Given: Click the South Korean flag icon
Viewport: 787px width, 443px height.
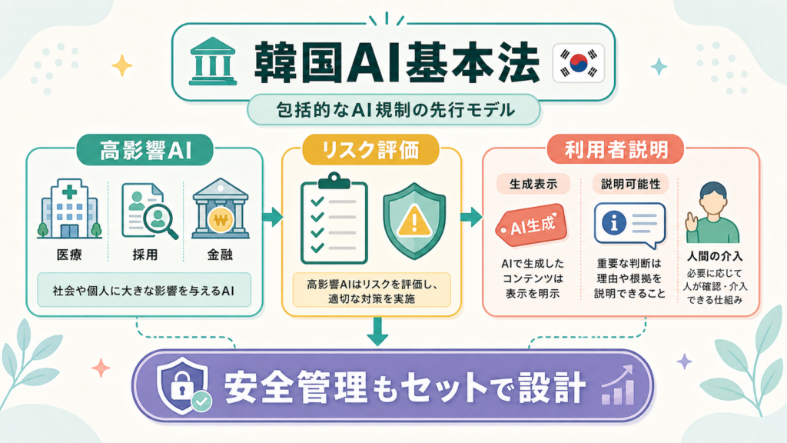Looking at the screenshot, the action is [579, 63].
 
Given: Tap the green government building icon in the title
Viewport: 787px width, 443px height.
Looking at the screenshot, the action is [213, 61].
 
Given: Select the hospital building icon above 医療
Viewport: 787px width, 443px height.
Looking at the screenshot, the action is [69, 208].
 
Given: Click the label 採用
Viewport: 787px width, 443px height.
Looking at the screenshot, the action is [145, 255].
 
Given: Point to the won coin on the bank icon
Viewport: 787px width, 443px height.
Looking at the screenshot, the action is [221, 220].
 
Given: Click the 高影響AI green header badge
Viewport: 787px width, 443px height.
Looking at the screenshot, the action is [145, 150].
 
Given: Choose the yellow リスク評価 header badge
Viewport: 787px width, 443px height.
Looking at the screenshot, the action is [370, 150].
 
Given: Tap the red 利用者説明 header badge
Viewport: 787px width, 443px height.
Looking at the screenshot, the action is [616, 149].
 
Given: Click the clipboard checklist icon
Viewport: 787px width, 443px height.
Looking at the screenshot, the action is [334, 218].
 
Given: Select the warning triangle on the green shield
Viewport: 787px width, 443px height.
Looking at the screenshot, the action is [414, 221].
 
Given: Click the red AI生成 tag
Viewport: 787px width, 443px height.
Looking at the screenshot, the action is [532, 225].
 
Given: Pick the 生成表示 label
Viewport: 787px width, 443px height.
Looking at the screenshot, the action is [533, 185].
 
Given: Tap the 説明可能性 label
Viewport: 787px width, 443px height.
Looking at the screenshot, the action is [630, 185].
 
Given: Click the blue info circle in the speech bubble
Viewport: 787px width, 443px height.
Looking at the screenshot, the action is [614, 221].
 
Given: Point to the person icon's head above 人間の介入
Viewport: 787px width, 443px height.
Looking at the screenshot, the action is [713, 198].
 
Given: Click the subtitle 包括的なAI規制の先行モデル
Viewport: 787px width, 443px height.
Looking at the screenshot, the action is [394, 110].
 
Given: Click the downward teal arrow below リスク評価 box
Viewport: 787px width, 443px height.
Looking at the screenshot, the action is [377, 331].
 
